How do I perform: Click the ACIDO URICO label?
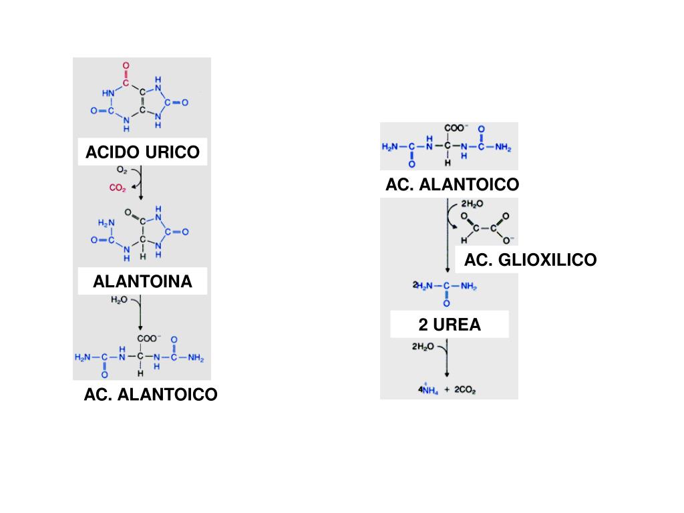click(142, 152)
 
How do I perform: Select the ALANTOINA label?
click(142, 281)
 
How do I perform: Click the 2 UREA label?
click(450, 325)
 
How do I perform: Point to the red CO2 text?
click(118, 188)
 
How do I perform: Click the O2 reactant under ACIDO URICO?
click(123, 170)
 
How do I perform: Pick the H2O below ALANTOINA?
click(119, 301)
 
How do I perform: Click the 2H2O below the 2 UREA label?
click(423, 347)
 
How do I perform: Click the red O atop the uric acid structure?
click(126, 66)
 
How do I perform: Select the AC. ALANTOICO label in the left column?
click(150, 395)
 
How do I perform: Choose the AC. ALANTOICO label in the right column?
click(452, 185)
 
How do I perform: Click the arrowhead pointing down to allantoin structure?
click(141, 197)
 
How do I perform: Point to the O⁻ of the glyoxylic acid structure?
click(508, 240)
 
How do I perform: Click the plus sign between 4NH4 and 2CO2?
click(447, 389)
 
